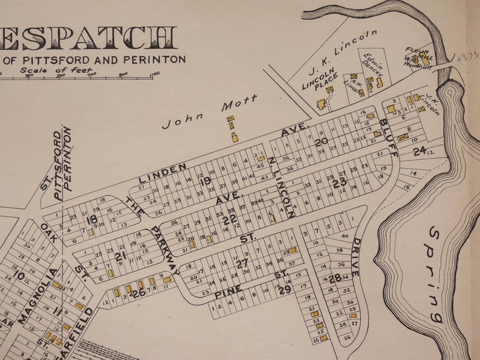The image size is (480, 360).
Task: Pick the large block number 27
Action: [242, 263]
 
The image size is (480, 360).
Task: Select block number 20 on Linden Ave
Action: [320, 142]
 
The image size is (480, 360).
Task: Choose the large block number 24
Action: [420, 152]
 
